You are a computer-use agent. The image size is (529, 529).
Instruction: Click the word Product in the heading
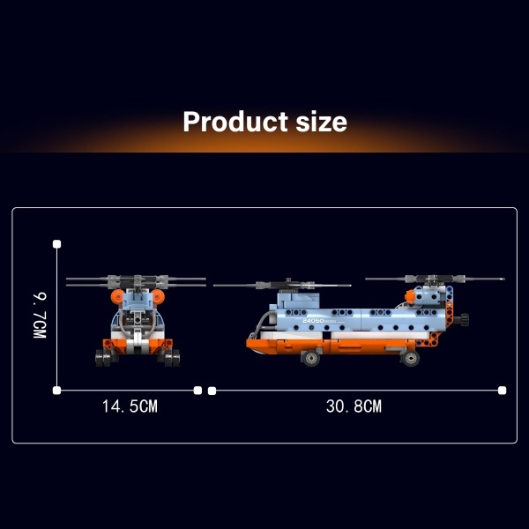click(x=235, y=122)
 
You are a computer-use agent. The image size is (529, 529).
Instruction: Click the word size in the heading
click(x=321, y=122)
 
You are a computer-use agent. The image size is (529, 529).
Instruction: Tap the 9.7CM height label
click(x=40, y=316)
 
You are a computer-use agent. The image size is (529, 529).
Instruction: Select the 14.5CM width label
click(x=130, y=406)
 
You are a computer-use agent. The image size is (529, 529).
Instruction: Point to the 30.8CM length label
click(x=354, y=406)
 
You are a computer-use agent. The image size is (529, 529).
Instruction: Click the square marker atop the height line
click(x=57, y=244)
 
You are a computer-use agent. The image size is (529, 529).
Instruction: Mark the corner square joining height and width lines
click(x=57, y=391)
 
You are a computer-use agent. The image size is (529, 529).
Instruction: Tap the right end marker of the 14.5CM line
click(x=197, y=391)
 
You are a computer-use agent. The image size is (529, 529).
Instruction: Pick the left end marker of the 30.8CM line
click(x=212, y=391)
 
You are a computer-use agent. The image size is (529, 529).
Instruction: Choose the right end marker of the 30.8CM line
click(x=502, y=391)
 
